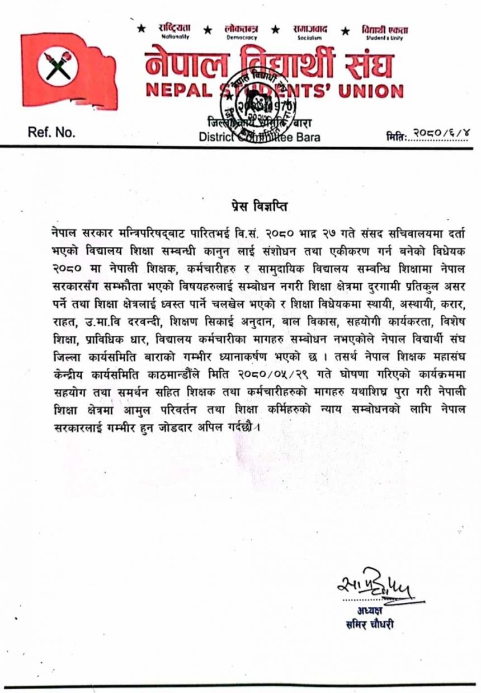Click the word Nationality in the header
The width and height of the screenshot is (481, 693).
click(x=176, y=36)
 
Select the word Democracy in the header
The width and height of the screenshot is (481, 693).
click(x=242, y=37)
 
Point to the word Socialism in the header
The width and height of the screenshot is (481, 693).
click(x=310, y=37)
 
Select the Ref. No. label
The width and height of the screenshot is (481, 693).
click(x=51, y=133)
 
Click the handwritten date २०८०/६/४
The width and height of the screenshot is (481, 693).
click(x=440, y=133)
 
